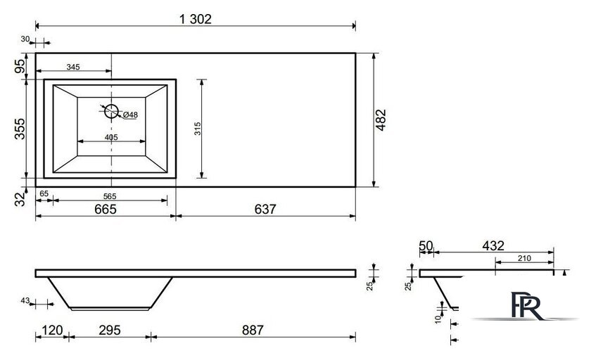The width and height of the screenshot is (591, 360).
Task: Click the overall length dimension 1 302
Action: tap(196, 19)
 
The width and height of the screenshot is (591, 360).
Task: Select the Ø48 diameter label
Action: tap(130, 115)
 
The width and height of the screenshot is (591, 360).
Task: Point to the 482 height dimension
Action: tap(381, 120)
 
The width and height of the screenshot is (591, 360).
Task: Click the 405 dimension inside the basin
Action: tap(111, 137)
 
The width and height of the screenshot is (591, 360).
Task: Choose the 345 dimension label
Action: tap(73, 67)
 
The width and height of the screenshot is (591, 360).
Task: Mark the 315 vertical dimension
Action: tap(198, 129)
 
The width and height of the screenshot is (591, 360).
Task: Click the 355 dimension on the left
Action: tap(20, 129)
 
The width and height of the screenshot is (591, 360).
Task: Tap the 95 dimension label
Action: tap(20, 66)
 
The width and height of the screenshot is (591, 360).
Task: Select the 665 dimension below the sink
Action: tap(106, 209)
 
